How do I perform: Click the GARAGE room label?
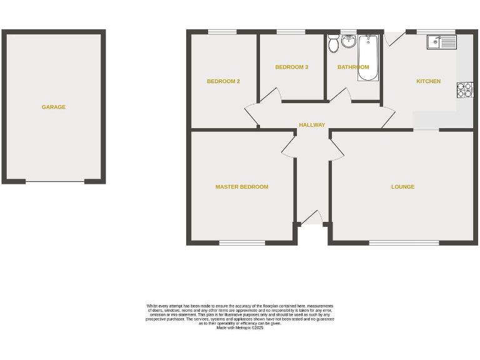[x=54, y=107]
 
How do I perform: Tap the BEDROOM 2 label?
[x=223, y=81]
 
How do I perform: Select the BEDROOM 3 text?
[x=291, y=67]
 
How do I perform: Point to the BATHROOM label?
[x=353, y=67]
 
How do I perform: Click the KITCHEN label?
[x=428, y=81]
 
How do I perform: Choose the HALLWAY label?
[x=312, y=125]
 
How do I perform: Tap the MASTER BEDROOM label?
[x=242, y=187]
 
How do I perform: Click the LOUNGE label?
[x=402, y=187]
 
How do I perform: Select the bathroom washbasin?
[x=348, y=42]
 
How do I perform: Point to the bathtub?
[x=367, y=57]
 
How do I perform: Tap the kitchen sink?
[x=441, y=42]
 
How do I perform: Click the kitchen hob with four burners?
[x=464, y=90]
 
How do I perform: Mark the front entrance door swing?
[x=311, y=217]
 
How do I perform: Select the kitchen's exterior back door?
[x=393, y=38]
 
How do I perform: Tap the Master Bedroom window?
[x=241, y=242]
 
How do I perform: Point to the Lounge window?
[x=403, y=242]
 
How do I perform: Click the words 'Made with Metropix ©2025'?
[x=240, y=327]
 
